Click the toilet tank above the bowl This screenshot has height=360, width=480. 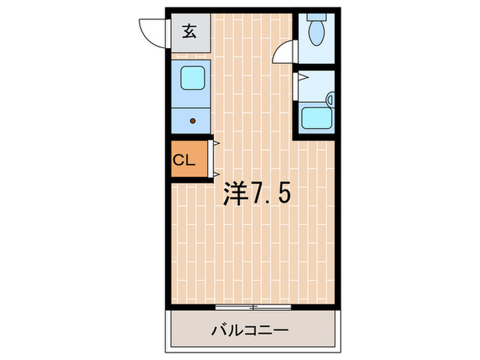(x=317, y=16)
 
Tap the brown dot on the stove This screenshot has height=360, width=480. (x=192, y=121)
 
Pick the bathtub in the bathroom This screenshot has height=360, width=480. (x=315, y=117)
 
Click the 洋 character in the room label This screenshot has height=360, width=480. (x=235, y=195)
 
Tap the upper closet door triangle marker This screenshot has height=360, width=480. (x=216, y=145)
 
